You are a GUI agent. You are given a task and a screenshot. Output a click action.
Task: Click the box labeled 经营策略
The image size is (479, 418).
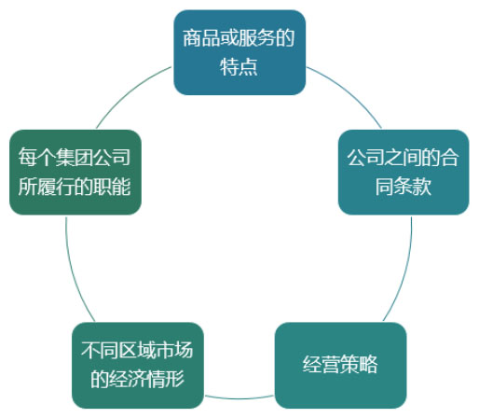tap(341, 365)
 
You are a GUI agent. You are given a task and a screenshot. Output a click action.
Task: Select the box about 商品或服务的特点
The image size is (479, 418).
tap(239, 52)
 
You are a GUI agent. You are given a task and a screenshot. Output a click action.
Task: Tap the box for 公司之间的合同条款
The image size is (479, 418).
tap(404, 172)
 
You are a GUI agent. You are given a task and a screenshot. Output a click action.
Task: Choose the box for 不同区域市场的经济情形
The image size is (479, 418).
tap(138, 365)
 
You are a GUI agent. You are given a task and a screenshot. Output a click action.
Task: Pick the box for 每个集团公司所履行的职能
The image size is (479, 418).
tap(75, 172)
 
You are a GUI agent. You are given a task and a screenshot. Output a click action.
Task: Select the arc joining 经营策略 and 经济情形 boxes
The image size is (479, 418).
tap(239, 398)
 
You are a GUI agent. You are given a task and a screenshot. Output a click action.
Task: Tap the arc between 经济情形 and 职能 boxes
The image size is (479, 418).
tap(74, 271)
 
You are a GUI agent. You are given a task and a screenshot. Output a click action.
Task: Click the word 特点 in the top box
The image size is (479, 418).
tap(239, 67)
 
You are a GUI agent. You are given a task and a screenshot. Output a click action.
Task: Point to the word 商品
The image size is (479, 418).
tap(192, 38)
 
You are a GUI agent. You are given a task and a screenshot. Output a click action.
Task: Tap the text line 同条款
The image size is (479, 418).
tap(404, 187)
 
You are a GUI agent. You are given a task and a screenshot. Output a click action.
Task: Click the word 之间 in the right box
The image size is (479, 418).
tap(403, 158)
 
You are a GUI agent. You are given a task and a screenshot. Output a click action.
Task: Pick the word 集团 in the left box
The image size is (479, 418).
tap(75, 157)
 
